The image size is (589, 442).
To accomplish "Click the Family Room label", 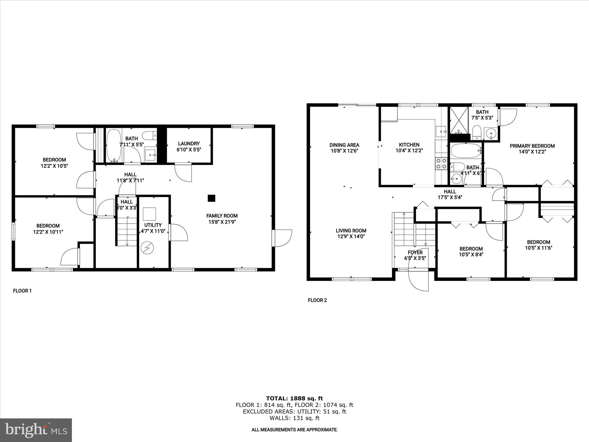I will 222,216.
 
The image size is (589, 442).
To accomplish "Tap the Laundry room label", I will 189,143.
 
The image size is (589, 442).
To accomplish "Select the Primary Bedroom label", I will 532,146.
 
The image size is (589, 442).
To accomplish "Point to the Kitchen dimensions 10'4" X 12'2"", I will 409,150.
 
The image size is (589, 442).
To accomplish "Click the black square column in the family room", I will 211,198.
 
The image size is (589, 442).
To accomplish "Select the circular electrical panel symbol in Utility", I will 148,247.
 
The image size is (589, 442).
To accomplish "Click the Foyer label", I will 415,252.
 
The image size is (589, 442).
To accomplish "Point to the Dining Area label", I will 344,145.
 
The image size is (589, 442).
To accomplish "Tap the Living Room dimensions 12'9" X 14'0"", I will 351,237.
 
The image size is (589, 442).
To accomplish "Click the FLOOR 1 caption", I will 22,291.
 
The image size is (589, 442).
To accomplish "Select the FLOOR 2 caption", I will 317,300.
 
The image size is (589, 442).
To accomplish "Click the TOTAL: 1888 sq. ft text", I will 294,398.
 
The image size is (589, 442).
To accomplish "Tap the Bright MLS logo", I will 36,430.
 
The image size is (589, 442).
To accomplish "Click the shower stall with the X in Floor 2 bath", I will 458,120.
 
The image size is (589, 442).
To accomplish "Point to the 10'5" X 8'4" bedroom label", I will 471,255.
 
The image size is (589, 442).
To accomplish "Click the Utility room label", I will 153,225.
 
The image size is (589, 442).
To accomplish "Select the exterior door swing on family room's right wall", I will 282,237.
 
